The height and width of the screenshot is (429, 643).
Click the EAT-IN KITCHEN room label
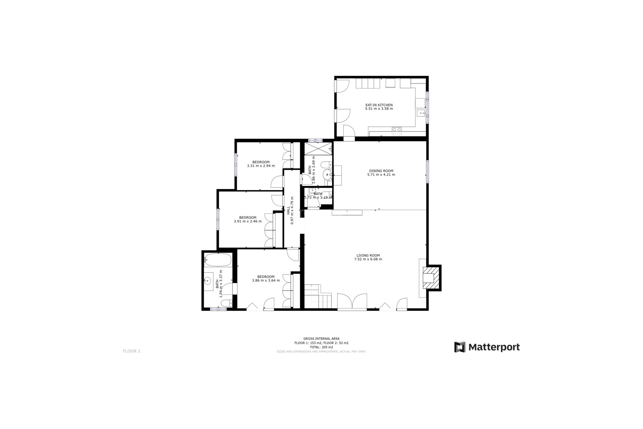click(379, 105)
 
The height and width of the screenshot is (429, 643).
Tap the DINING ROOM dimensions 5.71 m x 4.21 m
click(381, 175)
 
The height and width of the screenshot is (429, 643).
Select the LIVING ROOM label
click(368, 255)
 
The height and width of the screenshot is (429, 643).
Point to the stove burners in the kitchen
click(397, 131)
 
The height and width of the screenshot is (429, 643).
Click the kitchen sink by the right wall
click(421, 113)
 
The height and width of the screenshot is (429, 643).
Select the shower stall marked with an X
click(317, 149)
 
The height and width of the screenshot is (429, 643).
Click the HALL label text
click(288, 210)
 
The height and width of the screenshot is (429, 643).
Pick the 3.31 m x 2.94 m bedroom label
click(261, 164)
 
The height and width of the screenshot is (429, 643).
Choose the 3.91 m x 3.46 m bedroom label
click(247, 220)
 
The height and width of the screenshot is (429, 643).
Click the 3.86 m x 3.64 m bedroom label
click(266, 279)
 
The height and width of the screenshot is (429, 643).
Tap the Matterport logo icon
click(459, 347)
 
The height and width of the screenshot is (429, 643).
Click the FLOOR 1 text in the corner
click(131, 351)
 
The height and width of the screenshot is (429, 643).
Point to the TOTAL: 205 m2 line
click(321, 347)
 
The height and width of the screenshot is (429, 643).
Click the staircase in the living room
click(317, 296)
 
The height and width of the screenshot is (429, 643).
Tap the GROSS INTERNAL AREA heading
click(321, 339)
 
